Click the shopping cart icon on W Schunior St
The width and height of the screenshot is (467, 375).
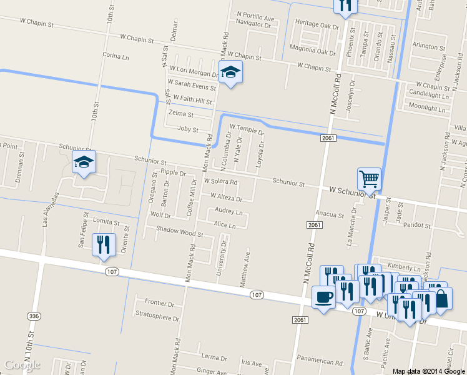pyautogui.click(x=369, y=179)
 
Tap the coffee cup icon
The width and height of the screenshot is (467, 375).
pyautogui.click(x=323, y=297)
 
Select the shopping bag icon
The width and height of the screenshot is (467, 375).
pyautogui.click(x=441, y=298)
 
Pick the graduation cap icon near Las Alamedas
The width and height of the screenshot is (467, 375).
pyautogui.click(x=84, y=162)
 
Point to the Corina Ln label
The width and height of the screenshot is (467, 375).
pyautogui.click(x=114, y=55)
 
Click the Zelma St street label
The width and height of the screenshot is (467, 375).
pyautogui.click(x=181, y=114)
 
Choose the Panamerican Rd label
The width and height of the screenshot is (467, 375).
pyautogui.click(x=320, y=361)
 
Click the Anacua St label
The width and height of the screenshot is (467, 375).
pyautogui.click(x=330, y=215)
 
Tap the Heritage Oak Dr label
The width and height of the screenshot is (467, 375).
pyautogui.click(x=317, y=23)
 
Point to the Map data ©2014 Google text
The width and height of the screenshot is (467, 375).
pyautogui.click(x=429, y=371)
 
